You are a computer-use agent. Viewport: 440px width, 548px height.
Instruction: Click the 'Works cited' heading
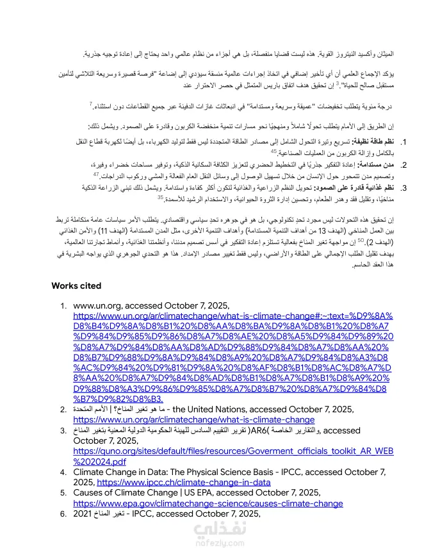click(x=76, y=286)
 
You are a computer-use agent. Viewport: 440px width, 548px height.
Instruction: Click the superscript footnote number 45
click(x=273, y=152)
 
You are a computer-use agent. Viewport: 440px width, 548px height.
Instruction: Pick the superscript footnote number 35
click(x=160, y=197)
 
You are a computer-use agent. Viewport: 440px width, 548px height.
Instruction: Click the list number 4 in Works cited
click(x=63, y=472)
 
